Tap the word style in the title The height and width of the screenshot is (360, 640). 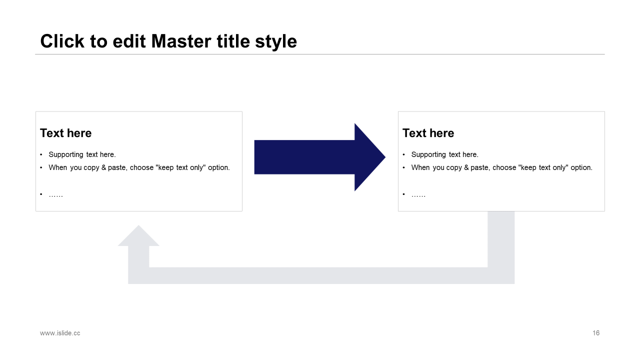tap(276, 41)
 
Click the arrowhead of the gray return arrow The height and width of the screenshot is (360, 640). tap(138, 236)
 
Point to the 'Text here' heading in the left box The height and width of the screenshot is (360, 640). tap(66, 133)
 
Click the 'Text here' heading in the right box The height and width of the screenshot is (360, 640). tap(428, 133)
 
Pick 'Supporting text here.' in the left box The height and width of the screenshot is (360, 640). tap(82, 154)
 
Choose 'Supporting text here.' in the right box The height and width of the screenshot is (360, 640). tap(444, 154)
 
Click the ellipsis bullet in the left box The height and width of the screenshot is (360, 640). tap(55, 194)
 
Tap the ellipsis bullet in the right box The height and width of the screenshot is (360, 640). tap(418, 194)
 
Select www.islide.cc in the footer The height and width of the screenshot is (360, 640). tap(60, 333)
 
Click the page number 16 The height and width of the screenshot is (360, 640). tap(596, 333)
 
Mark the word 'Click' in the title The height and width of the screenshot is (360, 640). tap(62, 41)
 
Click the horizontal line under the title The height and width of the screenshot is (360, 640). tap(320, 54)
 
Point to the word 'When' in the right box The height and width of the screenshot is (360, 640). tap(420, 167)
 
